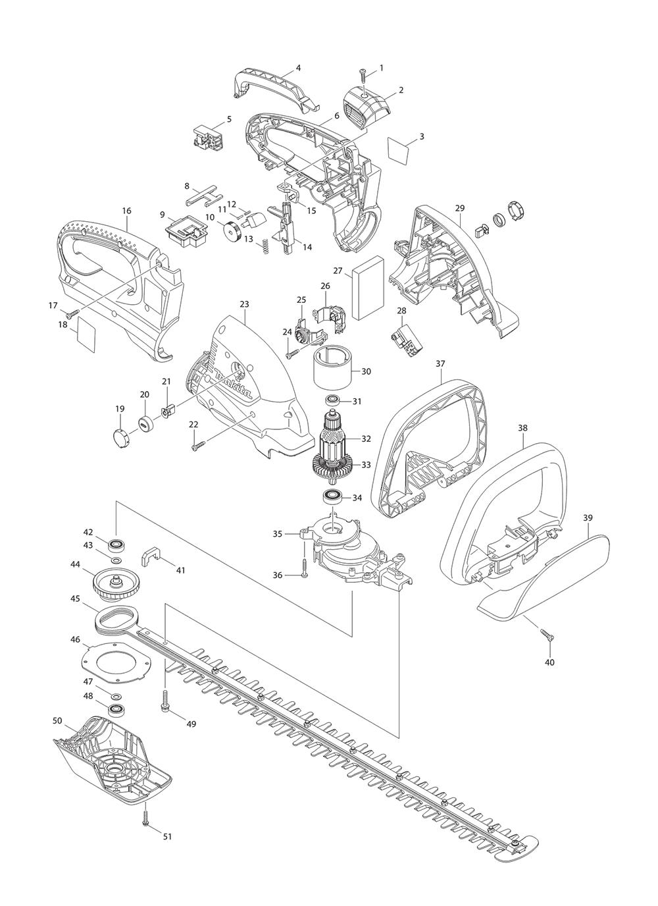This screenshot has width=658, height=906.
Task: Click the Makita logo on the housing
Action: (x=234, y=385)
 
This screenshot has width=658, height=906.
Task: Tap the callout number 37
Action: (x=441, y=363)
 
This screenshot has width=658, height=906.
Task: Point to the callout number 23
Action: (x=245, y=304)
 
